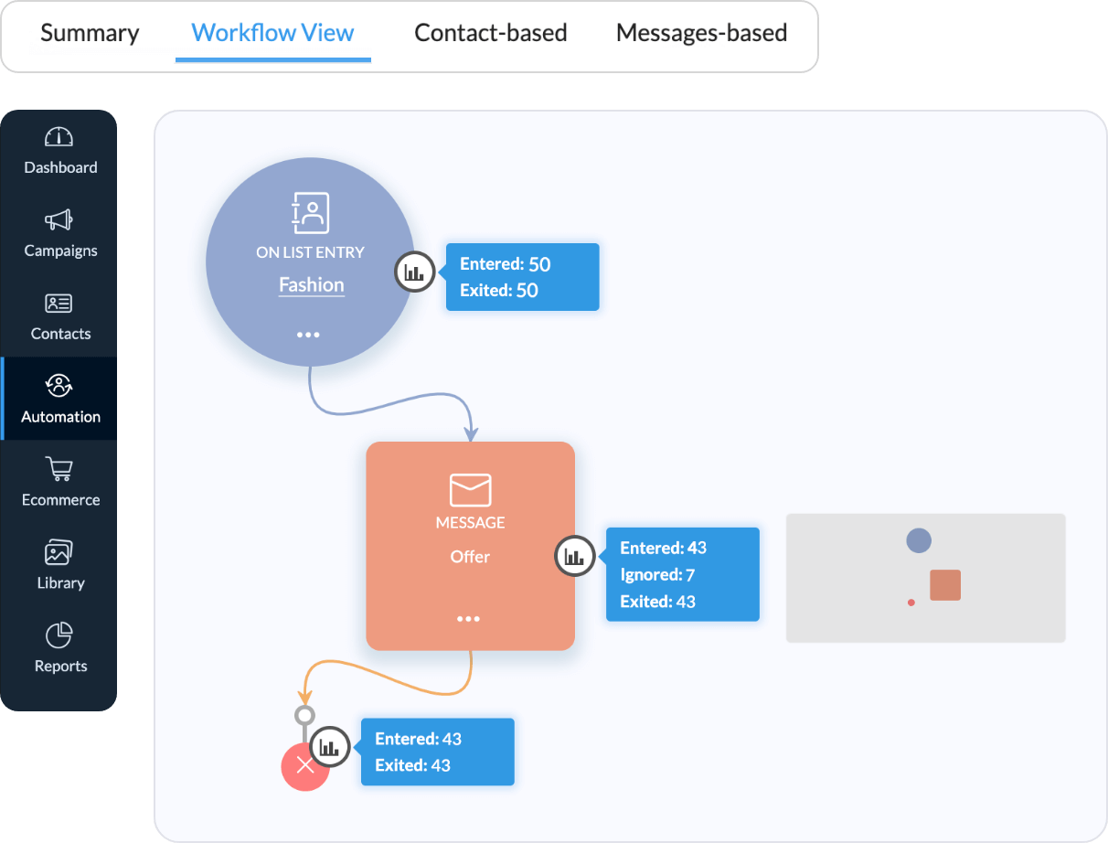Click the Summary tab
coord(90,33)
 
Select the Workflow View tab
coord(272,33)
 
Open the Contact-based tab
coord(490,33)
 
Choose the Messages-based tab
coord(701,33)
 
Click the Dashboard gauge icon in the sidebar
coord(59,137)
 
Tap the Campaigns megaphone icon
coord(59,220)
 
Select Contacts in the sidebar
coord(60,316)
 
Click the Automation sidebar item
coord(60,399)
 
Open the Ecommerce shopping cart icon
coord(59,470)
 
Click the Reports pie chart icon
coord(59,635)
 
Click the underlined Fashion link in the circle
coord(311,285)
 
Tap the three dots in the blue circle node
coord(308,336)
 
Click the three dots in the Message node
coord(469,619)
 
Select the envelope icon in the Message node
coord(470,490)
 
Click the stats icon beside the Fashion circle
coord(414,272)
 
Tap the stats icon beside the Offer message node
coord(575,556)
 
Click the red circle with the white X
coord(305,766)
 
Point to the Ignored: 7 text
coord(657,575)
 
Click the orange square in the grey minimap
coord(945,585)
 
